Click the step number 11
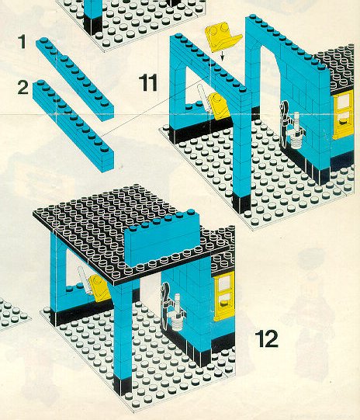click(x=148, y=82)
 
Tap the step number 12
click(x=266, y=338)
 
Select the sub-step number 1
click(x=22, y=42)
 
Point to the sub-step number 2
click(x=22, y=87)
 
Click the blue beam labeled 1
click(x=75, y=79)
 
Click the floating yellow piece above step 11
click(x=222, y=37)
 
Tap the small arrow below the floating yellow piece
click(x=222, y=57)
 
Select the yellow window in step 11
click(x=343, y=115)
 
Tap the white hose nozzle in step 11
click(x=296, y=130)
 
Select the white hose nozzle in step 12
click(x=178, y=313)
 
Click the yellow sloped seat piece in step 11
click(x=220, y=106)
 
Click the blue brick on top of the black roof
click(x=162, y=238)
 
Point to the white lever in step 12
click(x=85, y=280)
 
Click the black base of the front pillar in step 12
click(x=123, y=386)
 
